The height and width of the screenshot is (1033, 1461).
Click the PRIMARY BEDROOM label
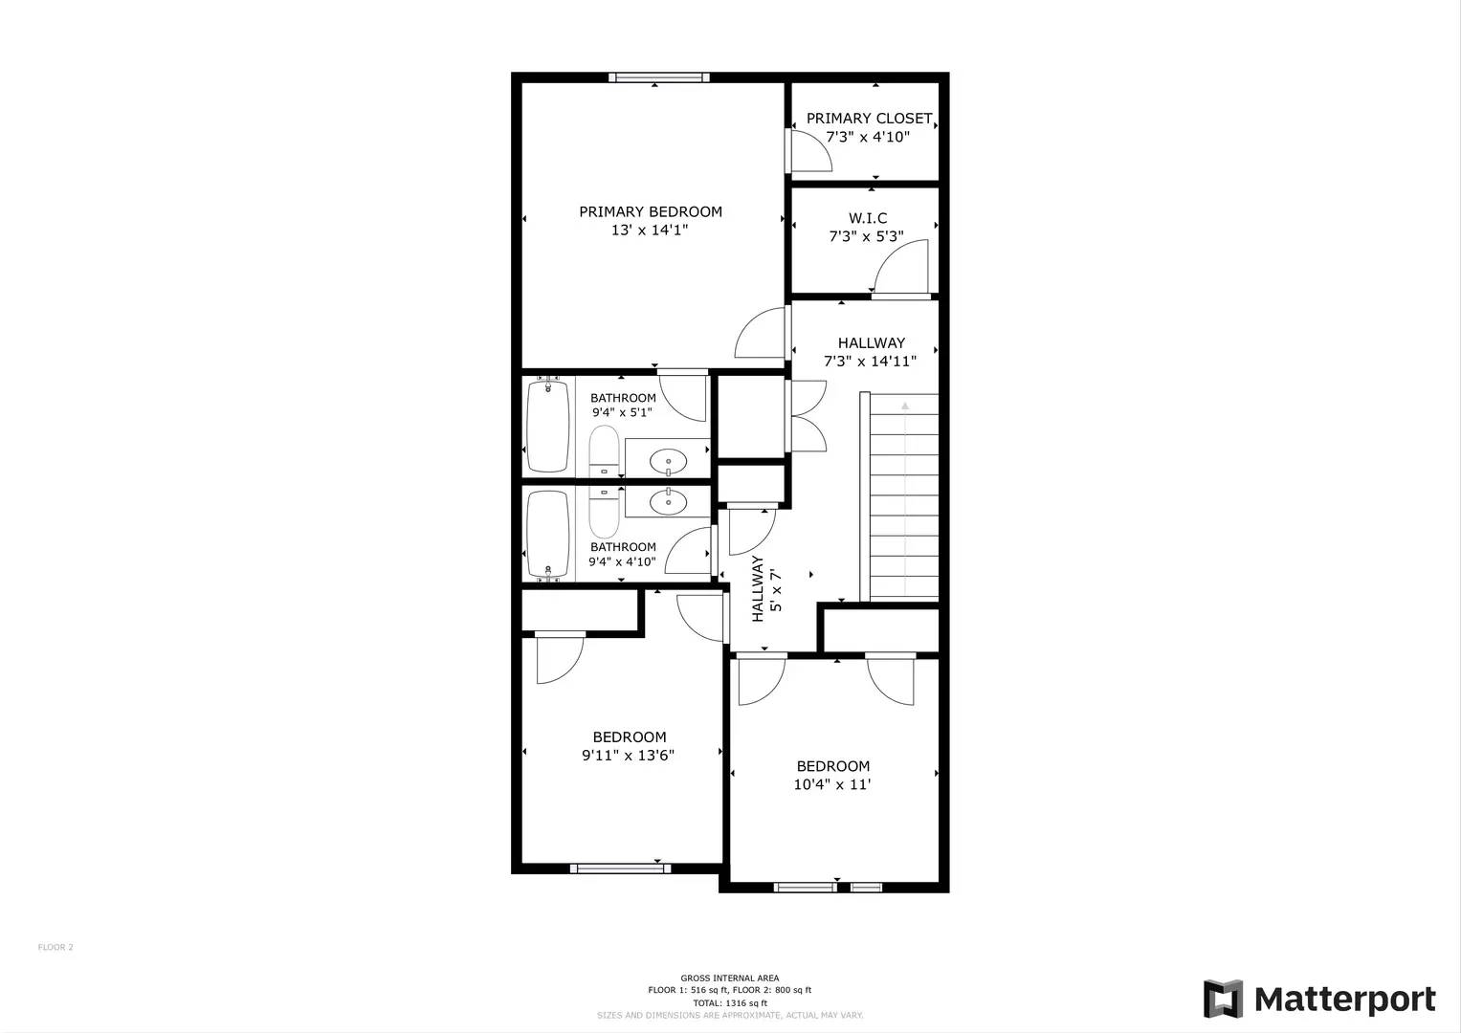point(651,211)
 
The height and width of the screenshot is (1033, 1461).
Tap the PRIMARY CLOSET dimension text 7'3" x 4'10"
point(868,137)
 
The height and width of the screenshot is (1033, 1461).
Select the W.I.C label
point(868,218)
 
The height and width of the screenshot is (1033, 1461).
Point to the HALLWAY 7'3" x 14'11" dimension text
point(870,362)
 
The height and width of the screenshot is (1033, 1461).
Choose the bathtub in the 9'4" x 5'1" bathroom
point(548,426)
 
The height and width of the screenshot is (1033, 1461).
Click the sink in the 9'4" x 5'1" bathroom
point(668,463)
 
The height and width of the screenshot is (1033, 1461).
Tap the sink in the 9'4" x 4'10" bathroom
point(668,499)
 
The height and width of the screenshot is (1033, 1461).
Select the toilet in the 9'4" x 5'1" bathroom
point(604,451)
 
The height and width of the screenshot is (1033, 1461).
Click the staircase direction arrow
point(905,407)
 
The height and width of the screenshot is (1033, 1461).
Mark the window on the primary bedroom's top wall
point(659,77)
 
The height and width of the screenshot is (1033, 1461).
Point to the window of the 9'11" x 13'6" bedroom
point(620,868)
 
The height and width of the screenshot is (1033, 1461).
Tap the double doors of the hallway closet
point(808,416)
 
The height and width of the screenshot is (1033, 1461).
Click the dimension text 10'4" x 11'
point(832,784)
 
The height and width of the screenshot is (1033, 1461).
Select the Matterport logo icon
point(1223,1000)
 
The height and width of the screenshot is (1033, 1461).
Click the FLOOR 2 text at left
point(55,947)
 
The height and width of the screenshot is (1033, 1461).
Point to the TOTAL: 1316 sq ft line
point(730,1003)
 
